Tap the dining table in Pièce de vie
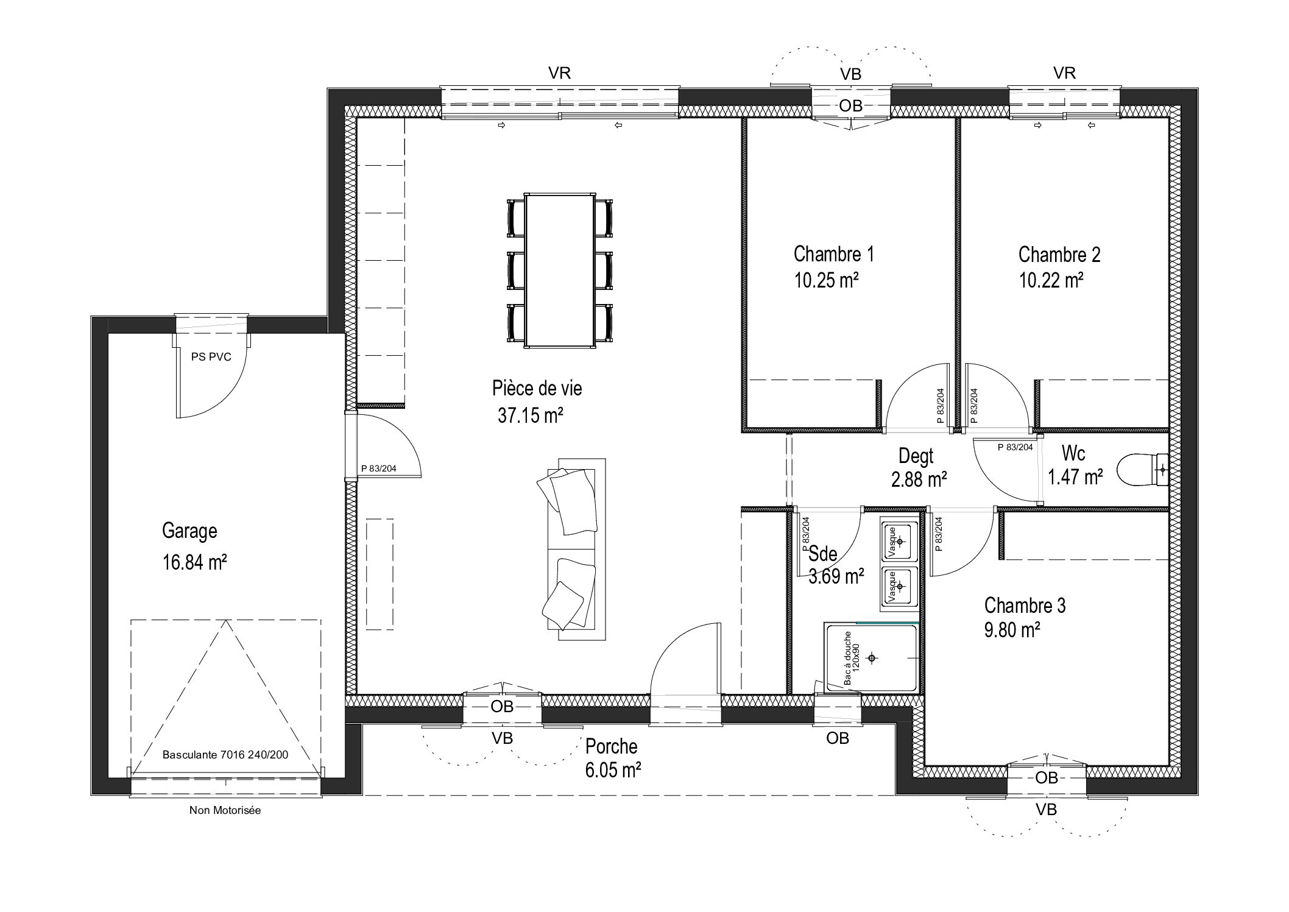coord(560,270)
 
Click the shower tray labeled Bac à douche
coord(871,657)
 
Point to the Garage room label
coord(189,531)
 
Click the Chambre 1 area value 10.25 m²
coord(826,280)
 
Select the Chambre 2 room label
coord(1059,254)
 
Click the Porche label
coord(611,746)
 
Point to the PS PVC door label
coord(211,357)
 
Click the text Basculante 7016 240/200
coord(225,754)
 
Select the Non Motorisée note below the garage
coord(225,810)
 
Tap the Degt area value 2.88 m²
coord(919,480)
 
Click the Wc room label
coord(1073,453)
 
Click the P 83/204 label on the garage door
coord(378,468)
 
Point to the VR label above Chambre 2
coord(1064,73)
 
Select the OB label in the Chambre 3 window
coord(1046,778)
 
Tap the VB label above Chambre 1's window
coord(851,74)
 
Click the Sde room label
coord(823,553)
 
